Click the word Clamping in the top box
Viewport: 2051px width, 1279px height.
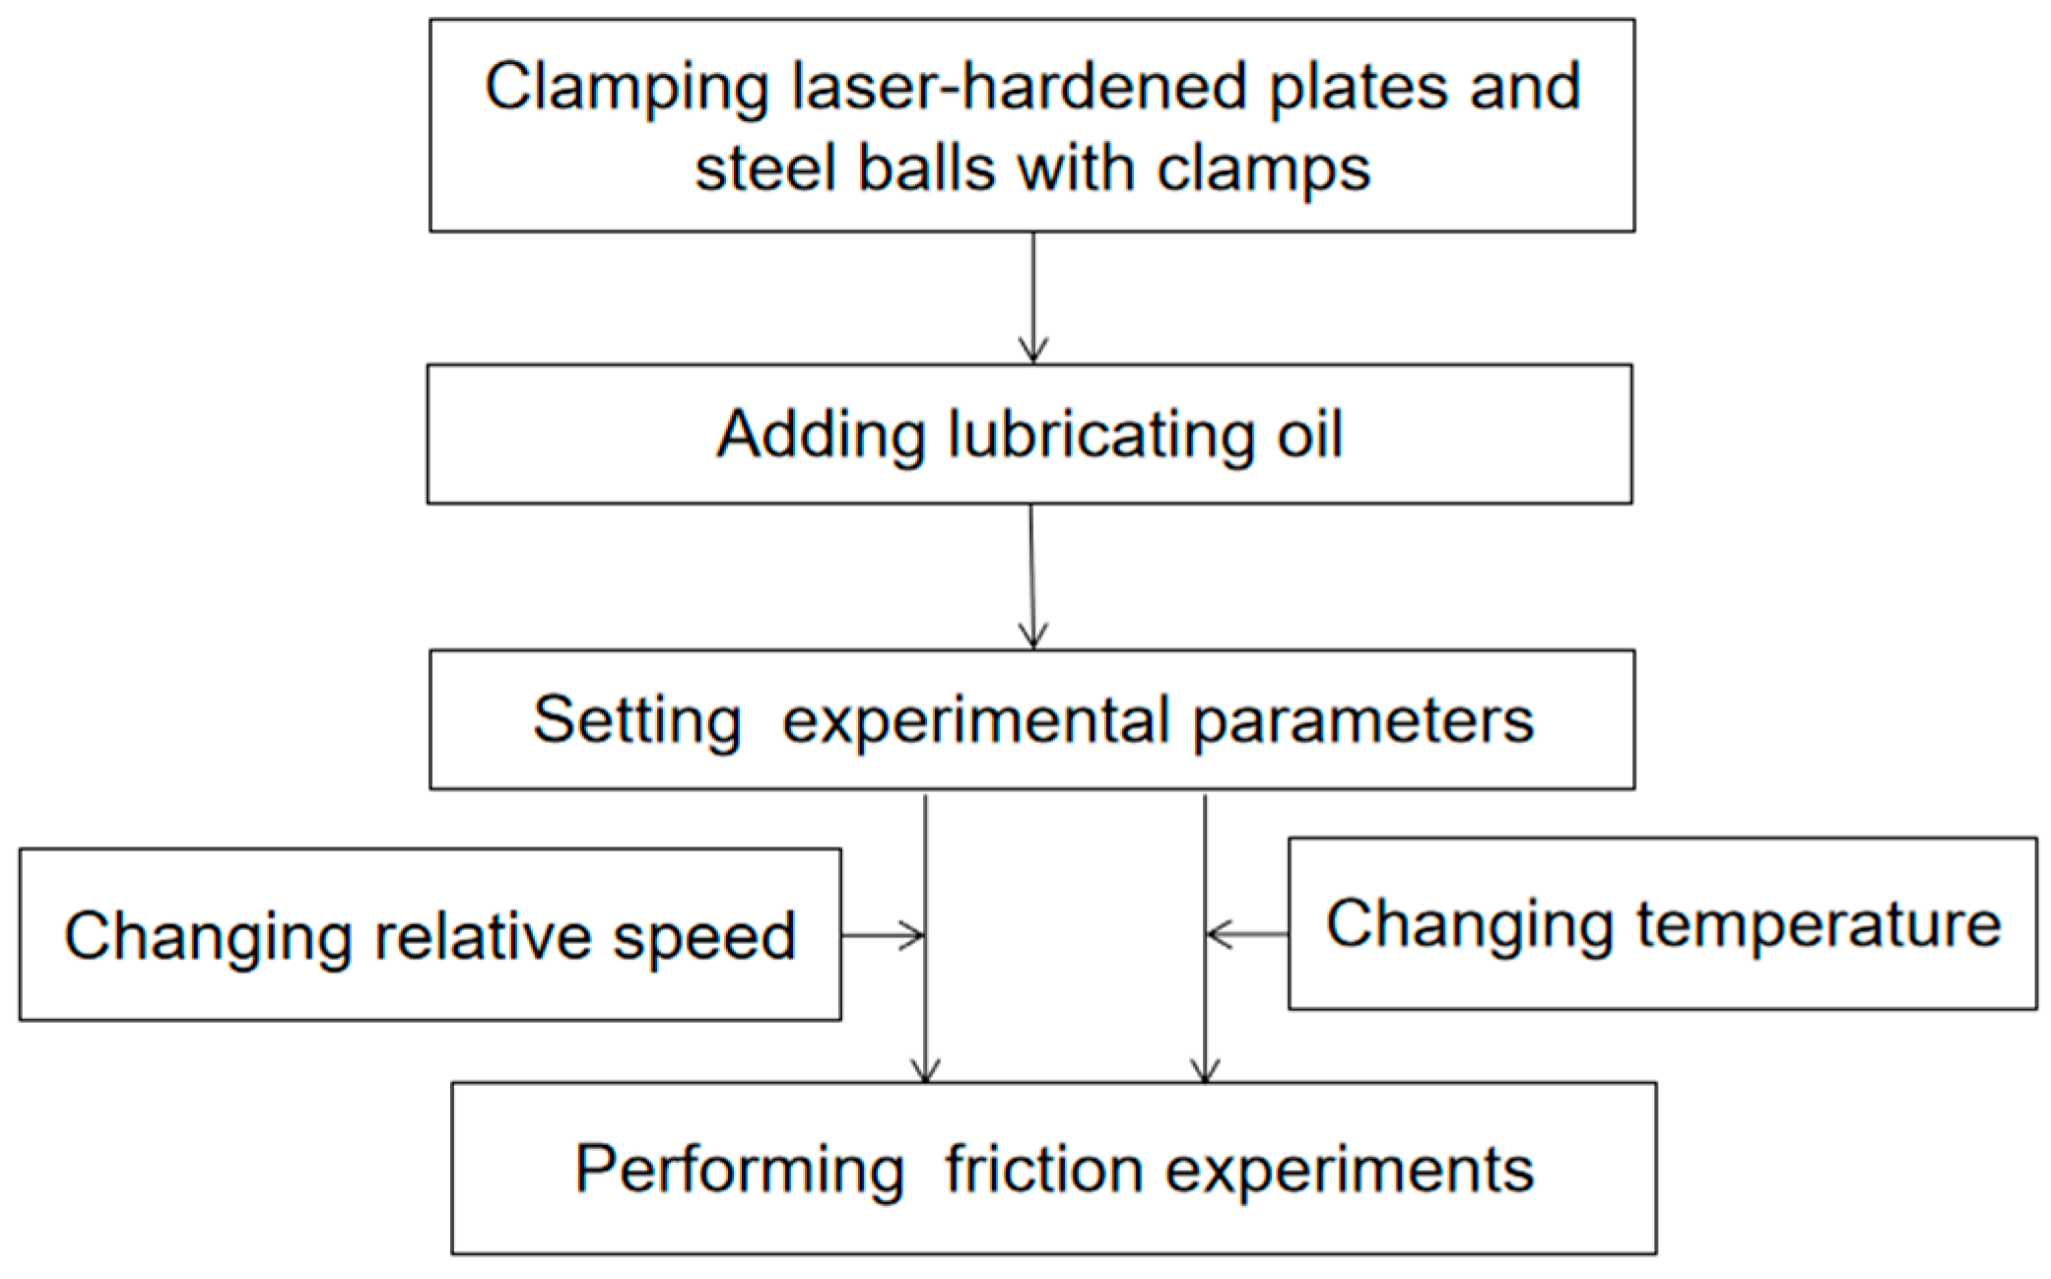(626, 89)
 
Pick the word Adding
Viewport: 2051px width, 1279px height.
(820, 435)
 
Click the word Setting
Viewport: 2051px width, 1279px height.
(636, 720)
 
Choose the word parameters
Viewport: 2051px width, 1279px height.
(1363, 722)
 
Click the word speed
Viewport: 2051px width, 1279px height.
(703, 937)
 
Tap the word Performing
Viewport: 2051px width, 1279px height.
(739, 1170)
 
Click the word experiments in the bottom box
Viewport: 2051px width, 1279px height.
(1350, 1171)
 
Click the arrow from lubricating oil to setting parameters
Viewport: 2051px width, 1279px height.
(1031, 576)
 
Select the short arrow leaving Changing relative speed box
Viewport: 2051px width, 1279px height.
(882, 934)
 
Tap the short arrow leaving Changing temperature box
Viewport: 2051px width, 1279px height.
(1247, 933)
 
